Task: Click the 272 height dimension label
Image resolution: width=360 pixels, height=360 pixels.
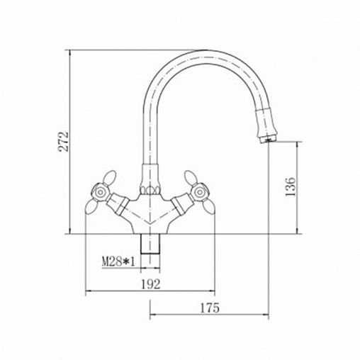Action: pos(64,142)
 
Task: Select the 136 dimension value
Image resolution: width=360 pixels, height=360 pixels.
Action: pos(291,186)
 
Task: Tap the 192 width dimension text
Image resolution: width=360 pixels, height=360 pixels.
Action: pos(151,284)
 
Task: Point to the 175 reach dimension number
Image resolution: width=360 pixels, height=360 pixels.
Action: pos(210,308)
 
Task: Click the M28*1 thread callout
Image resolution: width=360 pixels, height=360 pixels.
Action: pos(118,261)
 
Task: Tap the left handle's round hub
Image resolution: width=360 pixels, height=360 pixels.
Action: pos(100,192)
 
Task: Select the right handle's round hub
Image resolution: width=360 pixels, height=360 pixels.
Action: pos(198,192)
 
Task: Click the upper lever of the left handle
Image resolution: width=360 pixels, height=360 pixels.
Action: pos(110,177)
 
